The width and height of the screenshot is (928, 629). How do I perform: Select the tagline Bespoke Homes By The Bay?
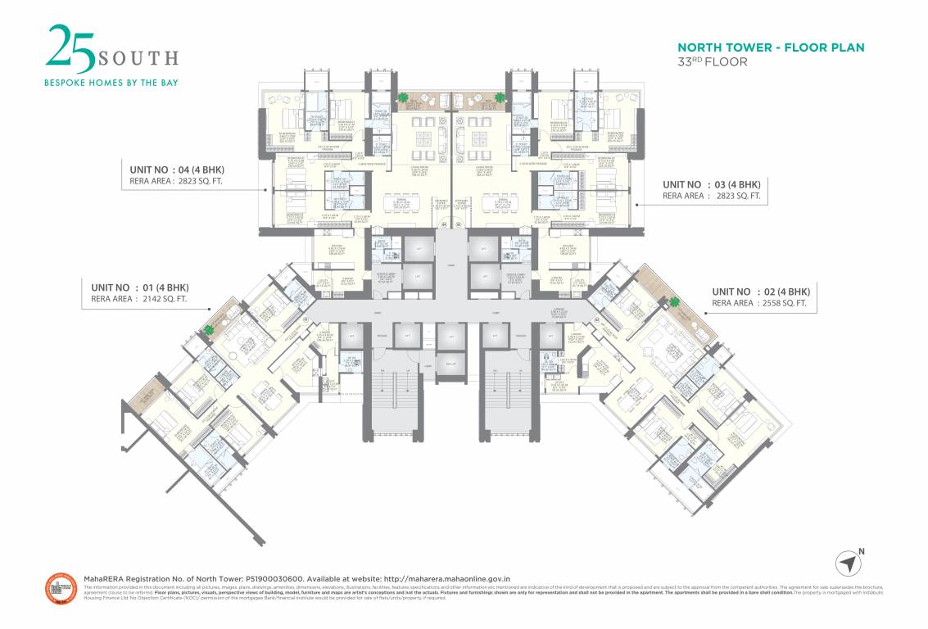(x=111, y=82)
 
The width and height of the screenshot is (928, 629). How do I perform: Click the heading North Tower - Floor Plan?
(x=771, y=48)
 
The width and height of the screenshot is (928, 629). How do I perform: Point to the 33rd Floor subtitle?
(x=712, y=61)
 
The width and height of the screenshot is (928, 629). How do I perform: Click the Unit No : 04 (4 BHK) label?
(x=174, y=170)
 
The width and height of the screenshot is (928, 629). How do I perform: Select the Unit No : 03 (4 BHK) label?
(x=711, y=184)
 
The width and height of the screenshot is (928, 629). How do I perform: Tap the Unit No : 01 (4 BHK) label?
(x=134, y=287)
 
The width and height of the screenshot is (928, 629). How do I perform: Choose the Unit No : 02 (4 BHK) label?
(x=760, y=292)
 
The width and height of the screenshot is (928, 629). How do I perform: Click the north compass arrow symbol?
(x=849, y=563)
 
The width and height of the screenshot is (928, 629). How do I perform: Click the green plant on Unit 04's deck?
(x=403, y=98)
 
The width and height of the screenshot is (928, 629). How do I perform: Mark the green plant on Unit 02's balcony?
(x=675, y=303)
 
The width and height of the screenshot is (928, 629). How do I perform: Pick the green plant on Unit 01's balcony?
(x=209, y=330)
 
